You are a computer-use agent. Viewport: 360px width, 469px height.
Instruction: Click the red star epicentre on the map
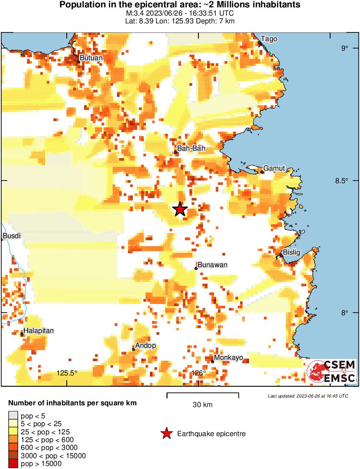coord(180,209)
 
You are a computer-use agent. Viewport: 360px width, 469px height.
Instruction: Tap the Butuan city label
coord(91,58)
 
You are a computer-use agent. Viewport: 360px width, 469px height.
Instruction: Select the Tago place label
coord(269,39)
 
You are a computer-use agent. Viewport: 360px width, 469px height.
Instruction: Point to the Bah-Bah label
coord(191,149)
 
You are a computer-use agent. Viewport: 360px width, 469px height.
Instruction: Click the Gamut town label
coord(274,168)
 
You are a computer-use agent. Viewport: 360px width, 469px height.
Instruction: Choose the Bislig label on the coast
coord(291,252)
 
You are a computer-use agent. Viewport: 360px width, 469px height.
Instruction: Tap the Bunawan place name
coord(212,265)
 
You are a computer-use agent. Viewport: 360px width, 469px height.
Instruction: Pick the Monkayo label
coord(229,358)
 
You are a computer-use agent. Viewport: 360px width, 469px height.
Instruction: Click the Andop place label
coord(146,346)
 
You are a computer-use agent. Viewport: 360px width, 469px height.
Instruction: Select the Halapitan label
coord(39,331)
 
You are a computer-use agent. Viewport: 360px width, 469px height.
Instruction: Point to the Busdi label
coord(11,236)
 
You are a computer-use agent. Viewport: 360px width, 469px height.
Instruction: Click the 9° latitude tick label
coord(344,48)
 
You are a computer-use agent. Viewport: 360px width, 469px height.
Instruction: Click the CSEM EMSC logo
coord(332,372)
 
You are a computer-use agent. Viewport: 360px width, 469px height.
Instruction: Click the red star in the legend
coord(166,433)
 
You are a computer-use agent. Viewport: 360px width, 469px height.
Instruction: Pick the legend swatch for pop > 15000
coord(13,464)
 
